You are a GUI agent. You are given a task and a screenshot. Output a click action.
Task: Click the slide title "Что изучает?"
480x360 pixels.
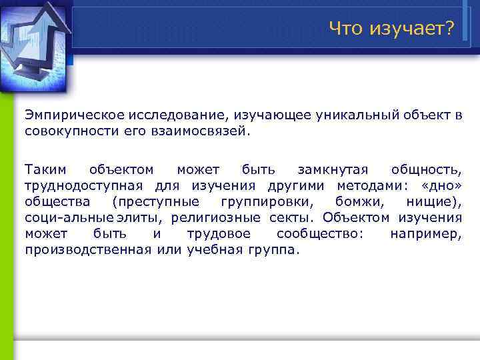[391, 28]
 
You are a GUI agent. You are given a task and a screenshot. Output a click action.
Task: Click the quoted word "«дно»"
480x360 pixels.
[442, 185]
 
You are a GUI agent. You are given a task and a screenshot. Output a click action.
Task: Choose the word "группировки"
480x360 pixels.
[256, 201]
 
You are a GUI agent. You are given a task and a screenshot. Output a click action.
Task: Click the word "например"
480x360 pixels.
[425, 233]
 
